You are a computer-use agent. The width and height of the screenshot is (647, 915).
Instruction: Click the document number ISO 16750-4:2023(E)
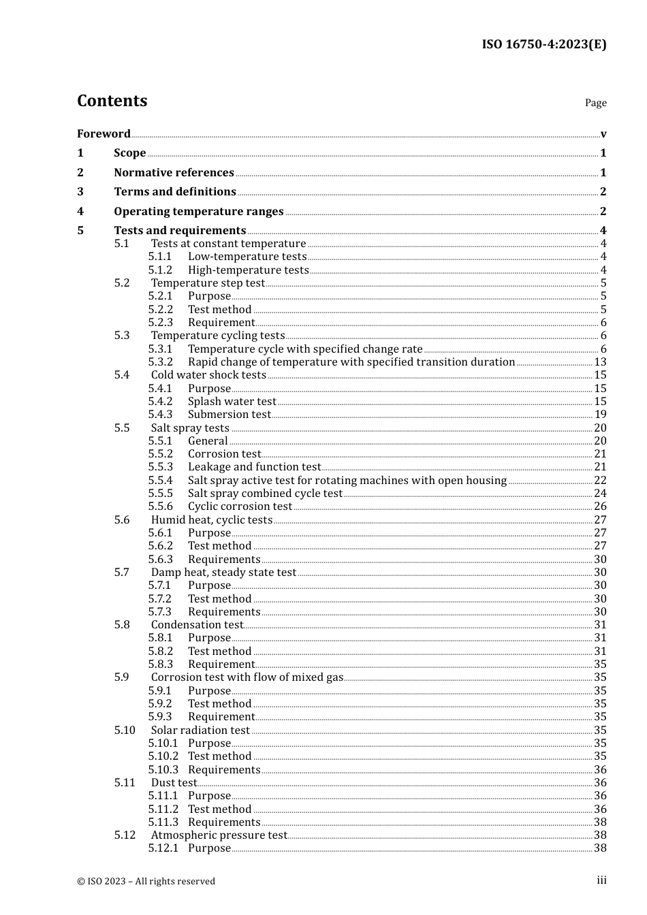(543, 45)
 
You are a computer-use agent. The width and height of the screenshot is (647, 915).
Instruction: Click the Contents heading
(112, 101)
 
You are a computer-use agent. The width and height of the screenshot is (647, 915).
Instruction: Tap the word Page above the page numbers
(595, 103)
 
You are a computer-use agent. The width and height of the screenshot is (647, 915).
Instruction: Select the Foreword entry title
(104, 133)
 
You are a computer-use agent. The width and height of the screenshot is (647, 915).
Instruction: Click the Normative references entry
(174, 172)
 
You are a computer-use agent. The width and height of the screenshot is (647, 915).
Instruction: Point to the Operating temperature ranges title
(198, 211)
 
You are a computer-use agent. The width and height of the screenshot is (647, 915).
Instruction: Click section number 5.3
(122, 335)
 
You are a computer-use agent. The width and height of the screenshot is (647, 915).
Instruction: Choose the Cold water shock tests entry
(208, 374)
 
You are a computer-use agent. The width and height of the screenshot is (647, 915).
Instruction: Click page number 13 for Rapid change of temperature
(600, 362)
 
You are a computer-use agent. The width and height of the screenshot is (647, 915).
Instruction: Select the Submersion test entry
(229, 414)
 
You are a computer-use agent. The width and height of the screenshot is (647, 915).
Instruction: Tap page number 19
(600, 414)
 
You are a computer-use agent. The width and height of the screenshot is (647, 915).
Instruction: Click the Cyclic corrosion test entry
(240, 506)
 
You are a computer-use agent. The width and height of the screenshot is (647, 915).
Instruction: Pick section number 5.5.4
(161, 480)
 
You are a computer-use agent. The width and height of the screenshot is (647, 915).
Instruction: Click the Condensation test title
(197, 624)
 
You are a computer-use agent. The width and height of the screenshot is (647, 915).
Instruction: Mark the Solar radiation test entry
(200, 730)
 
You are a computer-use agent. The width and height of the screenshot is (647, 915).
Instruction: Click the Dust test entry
(174, 782)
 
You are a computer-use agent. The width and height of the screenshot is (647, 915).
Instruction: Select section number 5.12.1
(163, 848)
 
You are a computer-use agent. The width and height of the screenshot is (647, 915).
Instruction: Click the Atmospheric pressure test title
(219, 835)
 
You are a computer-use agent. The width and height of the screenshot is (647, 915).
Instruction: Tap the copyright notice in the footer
(146, 881)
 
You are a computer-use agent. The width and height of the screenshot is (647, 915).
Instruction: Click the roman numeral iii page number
(601, 880)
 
